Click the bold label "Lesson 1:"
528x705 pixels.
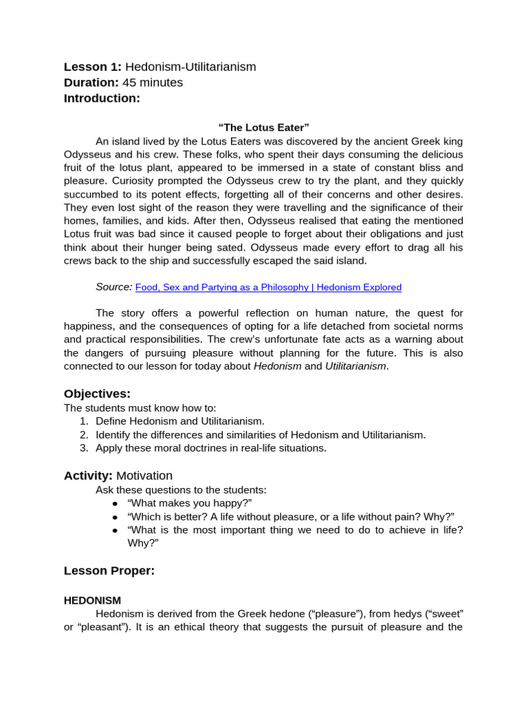93,67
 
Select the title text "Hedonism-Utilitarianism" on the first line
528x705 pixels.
190,67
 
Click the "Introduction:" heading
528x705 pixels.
102,98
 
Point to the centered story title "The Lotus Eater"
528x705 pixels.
264,127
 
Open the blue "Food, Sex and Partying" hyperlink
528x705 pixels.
268,287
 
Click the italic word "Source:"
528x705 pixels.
114,287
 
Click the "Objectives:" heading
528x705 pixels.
97,394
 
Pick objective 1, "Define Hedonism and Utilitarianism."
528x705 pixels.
179,421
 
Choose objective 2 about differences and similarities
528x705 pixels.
260,435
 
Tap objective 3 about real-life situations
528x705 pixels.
210,448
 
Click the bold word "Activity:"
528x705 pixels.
88,476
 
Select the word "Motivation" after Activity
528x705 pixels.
144,476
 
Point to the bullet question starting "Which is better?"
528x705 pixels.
291,517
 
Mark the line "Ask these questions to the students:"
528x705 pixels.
181,490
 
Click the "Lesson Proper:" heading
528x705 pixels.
109,571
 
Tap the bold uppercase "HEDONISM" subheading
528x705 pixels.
92,600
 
